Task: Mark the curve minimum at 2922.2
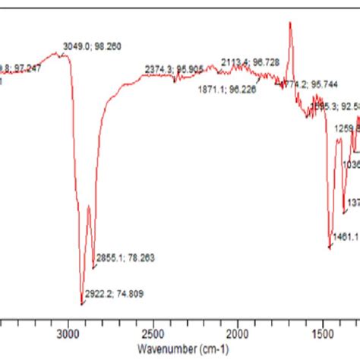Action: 82,303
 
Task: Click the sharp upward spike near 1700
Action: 289,24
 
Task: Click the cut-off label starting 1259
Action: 347,129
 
